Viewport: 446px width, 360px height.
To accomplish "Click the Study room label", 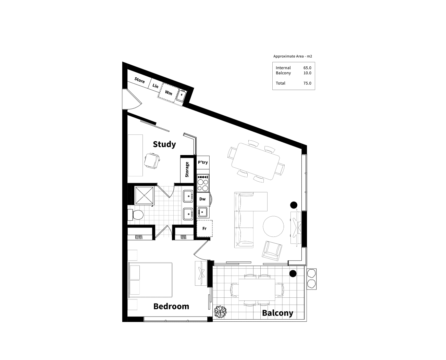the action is click(164, 144).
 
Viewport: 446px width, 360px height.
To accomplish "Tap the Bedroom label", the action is click(171, 306).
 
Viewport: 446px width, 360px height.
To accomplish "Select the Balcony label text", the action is click(277, 313).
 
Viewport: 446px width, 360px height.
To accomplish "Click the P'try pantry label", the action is click(203, 162).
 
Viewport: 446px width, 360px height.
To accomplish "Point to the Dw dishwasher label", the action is click(202, 199).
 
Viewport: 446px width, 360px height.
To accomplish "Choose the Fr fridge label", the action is click(205, 229).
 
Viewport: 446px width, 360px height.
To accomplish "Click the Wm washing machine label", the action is click(169, 92).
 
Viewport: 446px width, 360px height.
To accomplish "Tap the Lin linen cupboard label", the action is click(156, 86).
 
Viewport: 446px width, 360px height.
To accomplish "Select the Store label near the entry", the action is click(139, 80).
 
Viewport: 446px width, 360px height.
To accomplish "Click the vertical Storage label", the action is click(187, 170).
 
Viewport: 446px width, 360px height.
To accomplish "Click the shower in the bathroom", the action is click(145, 195).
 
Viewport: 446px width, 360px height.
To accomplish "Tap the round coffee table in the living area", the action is click(273, 226).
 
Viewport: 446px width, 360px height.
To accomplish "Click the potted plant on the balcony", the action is click(220, 312).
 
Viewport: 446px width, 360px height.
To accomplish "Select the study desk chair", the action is click(152, 160).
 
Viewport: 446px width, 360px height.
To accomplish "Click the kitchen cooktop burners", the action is click(203, 183).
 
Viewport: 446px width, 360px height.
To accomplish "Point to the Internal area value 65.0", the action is click(307, 68).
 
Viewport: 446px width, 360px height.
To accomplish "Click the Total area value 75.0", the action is click(307, 83).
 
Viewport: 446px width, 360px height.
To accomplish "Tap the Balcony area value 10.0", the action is click(307, 73).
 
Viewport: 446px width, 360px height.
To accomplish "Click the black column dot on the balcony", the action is click(293, 273).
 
